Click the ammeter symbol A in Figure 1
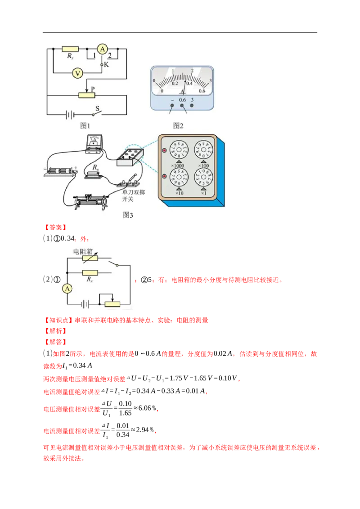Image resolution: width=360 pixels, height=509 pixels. [x=102, y=50]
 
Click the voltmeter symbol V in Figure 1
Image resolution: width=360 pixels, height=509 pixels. [x=77, y=73]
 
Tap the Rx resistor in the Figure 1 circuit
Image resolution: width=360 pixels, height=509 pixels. [x=70, y=49]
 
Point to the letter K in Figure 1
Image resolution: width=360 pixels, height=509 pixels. [x=107, y=65]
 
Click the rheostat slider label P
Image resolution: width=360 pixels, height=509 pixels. [x=92, y=89]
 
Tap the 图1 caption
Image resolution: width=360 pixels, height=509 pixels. [x=85, y=125]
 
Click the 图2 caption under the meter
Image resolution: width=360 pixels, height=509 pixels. [x=179, y=125]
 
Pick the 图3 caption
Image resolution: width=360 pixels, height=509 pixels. [x=128, y=215]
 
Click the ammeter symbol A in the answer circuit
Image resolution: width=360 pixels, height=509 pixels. [x=67, y=289]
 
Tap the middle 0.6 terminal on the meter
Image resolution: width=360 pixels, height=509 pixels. [x=182, y=106]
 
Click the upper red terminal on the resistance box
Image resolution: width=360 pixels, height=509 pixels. [x=164, y=150]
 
